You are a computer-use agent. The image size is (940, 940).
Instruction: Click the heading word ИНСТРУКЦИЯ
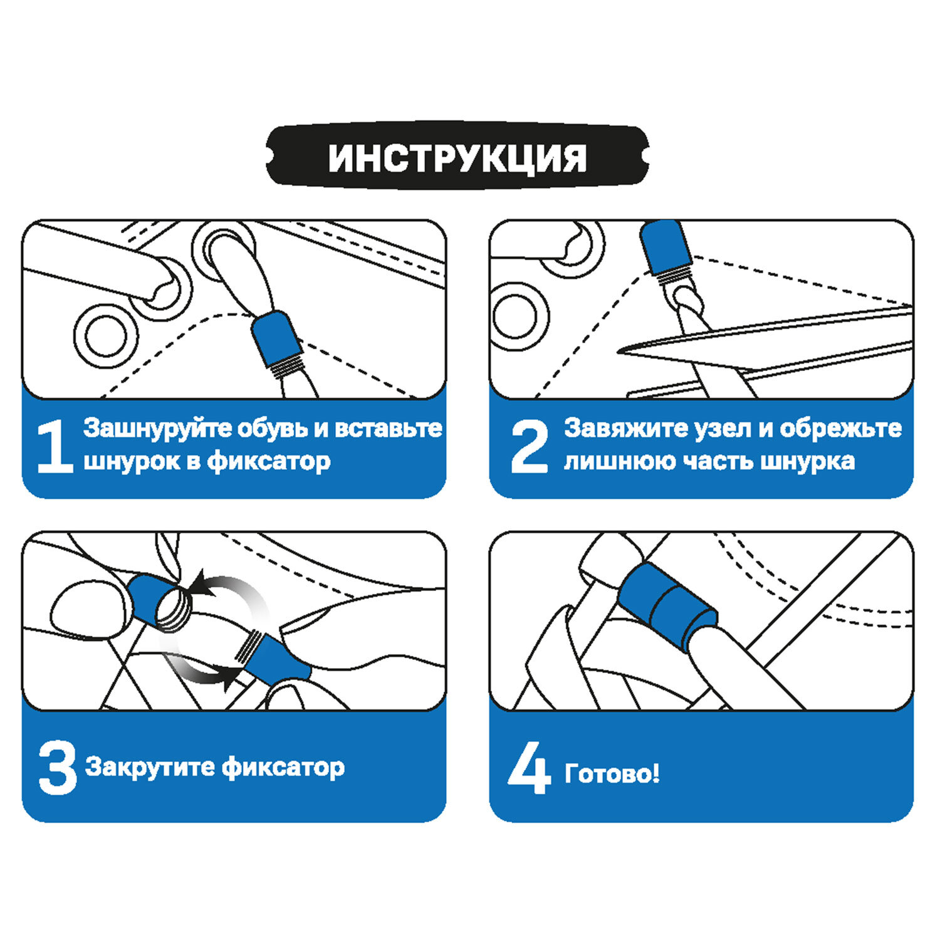tap(457, 158)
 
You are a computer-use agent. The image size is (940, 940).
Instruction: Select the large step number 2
tap(530, 446)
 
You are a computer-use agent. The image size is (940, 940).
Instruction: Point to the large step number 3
tap(57, 768)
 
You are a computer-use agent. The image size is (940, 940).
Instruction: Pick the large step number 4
tap(530, 768)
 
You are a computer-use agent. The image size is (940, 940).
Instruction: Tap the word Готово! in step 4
tap(612, 774)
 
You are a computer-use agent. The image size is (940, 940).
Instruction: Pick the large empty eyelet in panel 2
tap(520, 315)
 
